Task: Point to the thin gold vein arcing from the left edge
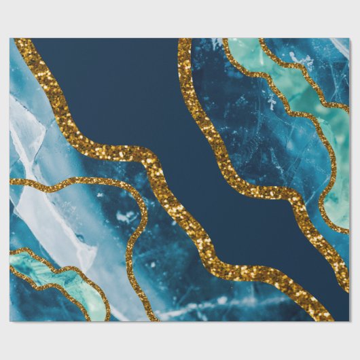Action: (102, 181)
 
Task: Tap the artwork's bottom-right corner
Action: (348, 321)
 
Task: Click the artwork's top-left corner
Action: (10, 39)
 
